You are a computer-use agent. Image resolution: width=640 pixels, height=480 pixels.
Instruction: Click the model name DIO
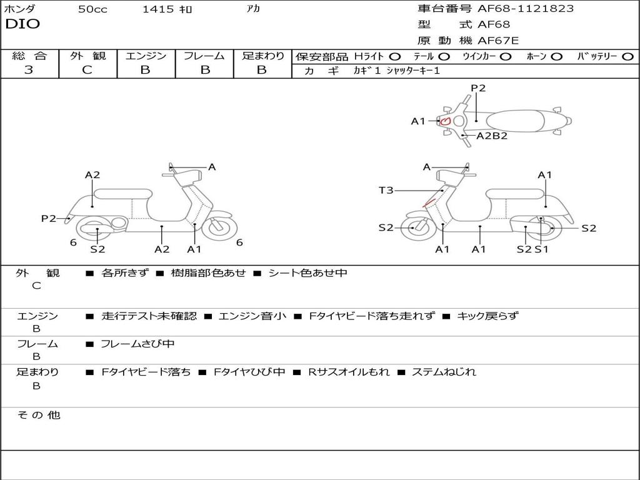(22, 24)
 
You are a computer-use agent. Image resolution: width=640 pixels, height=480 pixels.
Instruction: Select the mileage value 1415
(158, 9)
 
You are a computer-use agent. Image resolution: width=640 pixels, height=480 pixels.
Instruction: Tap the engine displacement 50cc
(92, 9)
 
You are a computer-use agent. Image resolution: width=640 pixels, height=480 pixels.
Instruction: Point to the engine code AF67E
(498, 41)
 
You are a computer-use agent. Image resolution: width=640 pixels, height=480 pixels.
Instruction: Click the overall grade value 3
(29, 70)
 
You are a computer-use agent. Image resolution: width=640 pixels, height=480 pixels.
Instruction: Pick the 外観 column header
(87, 56)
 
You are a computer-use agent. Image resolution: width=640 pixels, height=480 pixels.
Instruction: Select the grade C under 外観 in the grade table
(87, 70)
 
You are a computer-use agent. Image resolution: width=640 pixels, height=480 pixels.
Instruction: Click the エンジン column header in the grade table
(146, 56)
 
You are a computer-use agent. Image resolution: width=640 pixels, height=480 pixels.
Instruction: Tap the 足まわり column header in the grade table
(262, 56)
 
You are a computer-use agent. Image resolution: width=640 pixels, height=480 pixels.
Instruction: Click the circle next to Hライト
(395, 56)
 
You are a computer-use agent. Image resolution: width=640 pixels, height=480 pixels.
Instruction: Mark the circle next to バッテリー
(627, 56)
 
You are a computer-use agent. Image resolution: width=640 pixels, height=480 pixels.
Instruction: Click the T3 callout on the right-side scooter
(386, 190)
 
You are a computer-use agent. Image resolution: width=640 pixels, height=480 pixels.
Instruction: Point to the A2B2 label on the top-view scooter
(492, 136)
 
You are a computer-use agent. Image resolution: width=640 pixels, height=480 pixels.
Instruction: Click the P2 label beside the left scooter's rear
(48, 218)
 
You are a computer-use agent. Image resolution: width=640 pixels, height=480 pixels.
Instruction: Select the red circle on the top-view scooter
(445, 121)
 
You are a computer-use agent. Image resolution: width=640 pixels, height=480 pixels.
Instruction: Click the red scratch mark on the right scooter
(430, 202)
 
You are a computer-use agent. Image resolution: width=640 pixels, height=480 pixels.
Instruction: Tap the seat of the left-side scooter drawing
(122, 193)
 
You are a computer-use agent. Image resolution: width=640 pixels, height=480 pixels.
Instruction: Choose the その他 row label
(37, 415)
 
